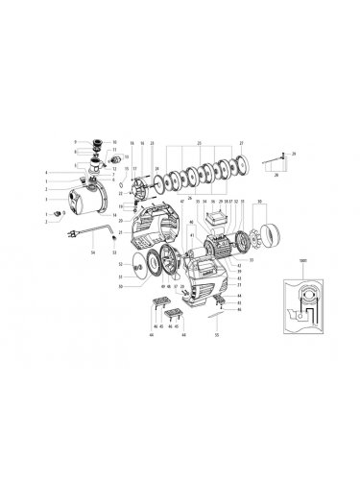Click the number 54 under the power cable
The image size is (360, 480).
pos(92,252)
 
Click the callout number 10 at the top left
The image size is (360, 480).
pos(114,141)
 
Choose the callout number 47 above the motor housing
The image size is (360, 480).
pos(182,202)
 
